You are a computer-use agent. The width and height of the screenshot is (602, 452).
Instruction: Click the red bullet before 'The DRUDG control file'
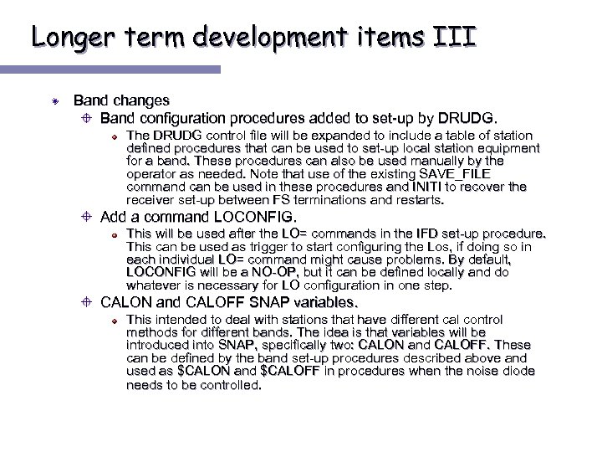[x=116, y=136]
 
